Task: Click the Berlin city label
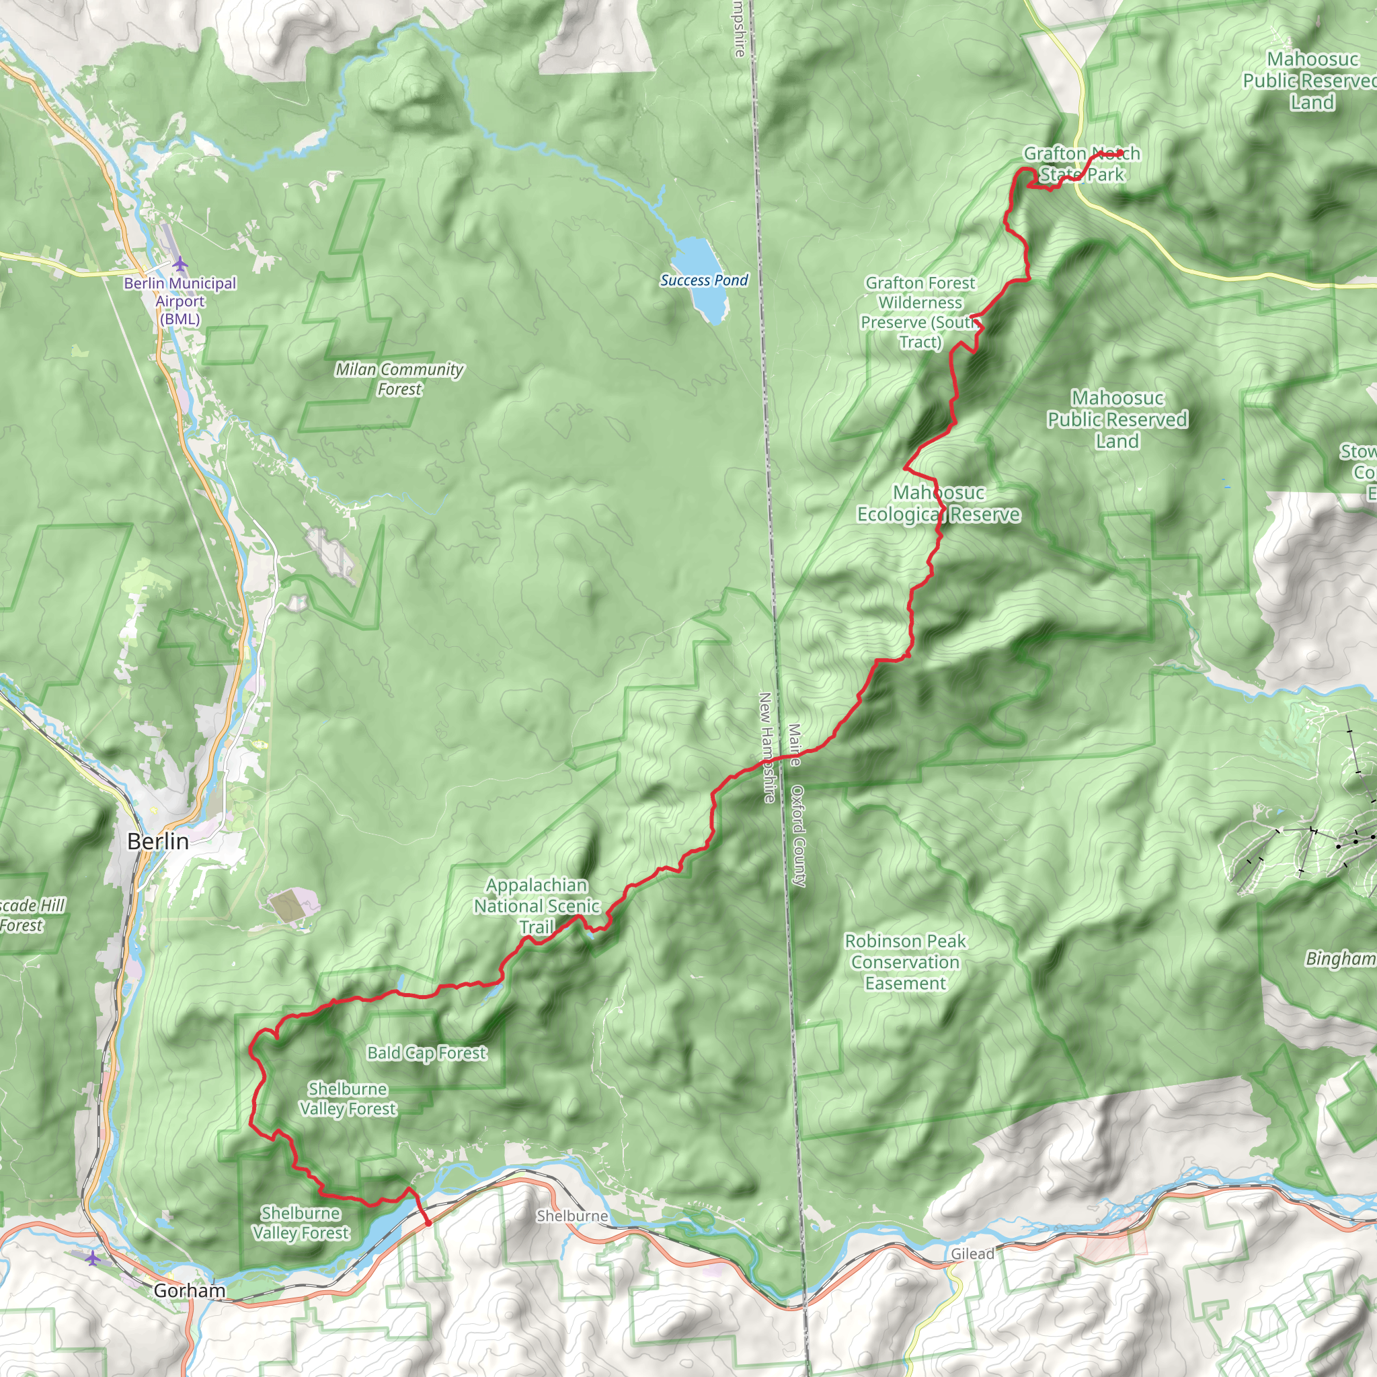point(157,842)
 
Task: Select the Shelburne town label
point(572,1216)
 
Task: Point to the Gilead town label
point(972,1254)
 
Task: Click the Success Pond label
point(703,281)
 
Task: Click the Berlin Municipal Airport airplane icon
point(180,264)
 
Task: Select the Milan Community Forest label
point(399,379)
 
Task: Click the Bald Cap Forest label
point(426,1053)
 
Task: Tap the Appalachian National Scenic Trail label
point(537,906)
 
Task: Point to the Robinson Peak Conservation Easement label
point(905,962)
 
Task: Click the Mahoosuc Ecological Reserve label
point(938,504)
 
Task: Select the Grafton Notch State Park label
point(1081,164)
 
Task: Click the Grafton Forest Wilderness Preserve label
point(919,312)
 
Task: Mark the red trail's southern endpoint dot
point(428,1223)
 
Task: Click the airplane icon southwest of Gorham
point(93,1259)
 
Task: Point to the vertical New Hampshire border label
point(766,748)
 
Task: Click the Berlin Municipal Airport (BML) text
point(180,301)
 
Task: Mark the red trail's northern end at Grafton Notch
point(1121,153)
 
